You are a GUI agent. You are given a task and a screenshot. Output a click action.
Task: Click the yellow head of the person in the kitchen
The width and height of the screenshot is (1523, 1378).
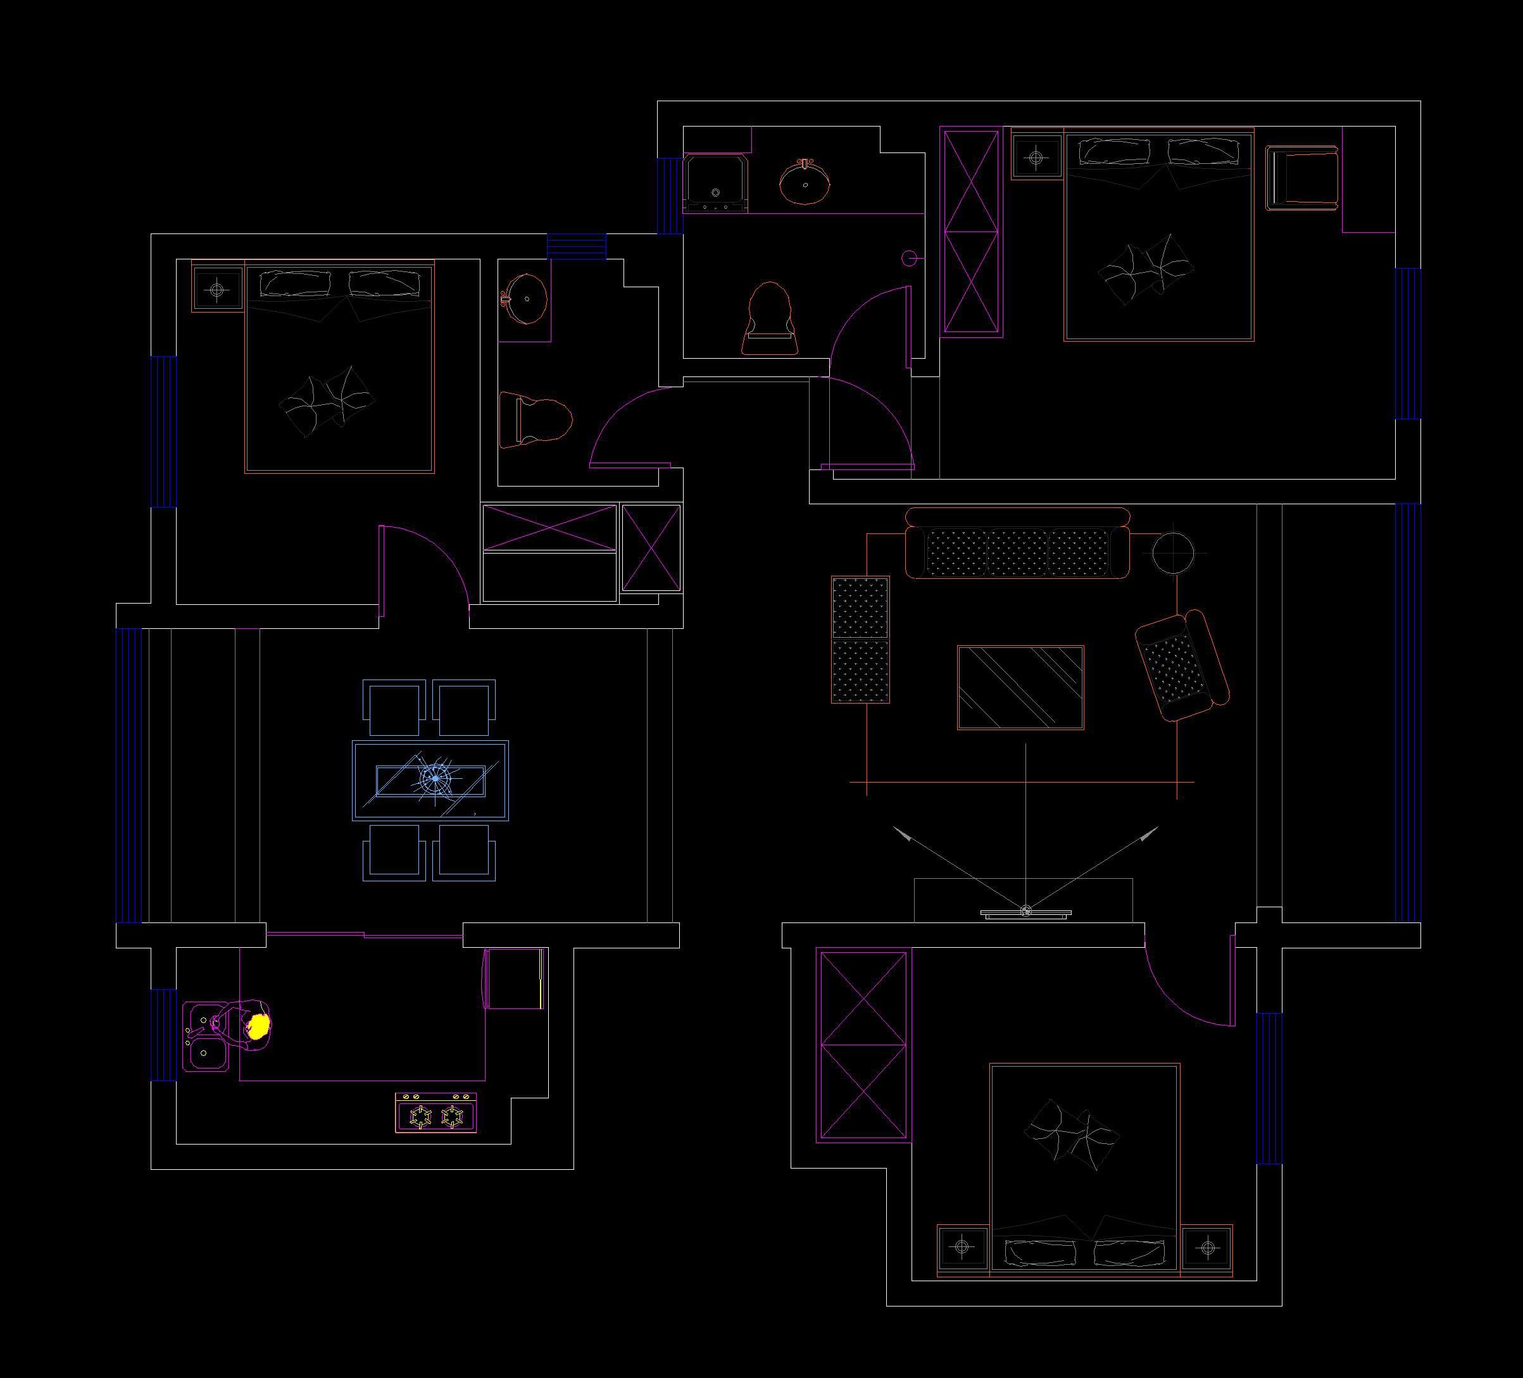click(x=259, y=1026)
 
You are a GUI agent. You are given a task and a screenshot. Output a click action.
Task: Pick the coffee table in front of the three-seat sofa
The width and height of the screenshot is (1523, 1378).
click(x=1020, y=687)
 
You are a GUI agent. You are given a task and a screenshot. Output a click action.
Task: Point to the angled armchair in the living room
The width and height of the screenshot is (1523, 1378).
click(x=1182, y=667)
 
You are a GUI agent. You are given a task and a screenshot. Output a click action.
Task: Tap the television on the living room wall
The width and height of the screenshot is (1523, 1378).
click(x=1025, y=913)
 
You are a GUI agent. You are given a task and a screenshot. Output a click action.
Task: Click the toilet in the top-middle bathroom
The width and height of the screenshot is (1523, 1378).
click(x=770, y=320)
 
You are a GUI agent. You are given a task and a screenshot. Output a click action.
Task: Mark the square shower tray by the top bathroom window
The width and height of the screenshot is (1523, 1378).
click(x=715, y=183)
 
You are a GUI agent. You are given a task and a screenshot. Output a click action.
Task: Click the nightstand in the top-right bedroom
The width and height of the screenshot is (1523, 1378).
click(x=1036, y=157)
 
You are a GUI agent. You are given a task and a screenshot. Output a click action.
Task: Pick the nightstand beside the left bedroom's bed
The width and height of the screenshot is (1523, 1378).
click(x=218, y=288)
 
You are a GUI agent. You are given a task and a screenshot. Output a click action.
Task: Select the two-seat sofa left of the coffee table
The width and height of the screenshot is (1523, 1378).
click(x=860, y=640)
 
